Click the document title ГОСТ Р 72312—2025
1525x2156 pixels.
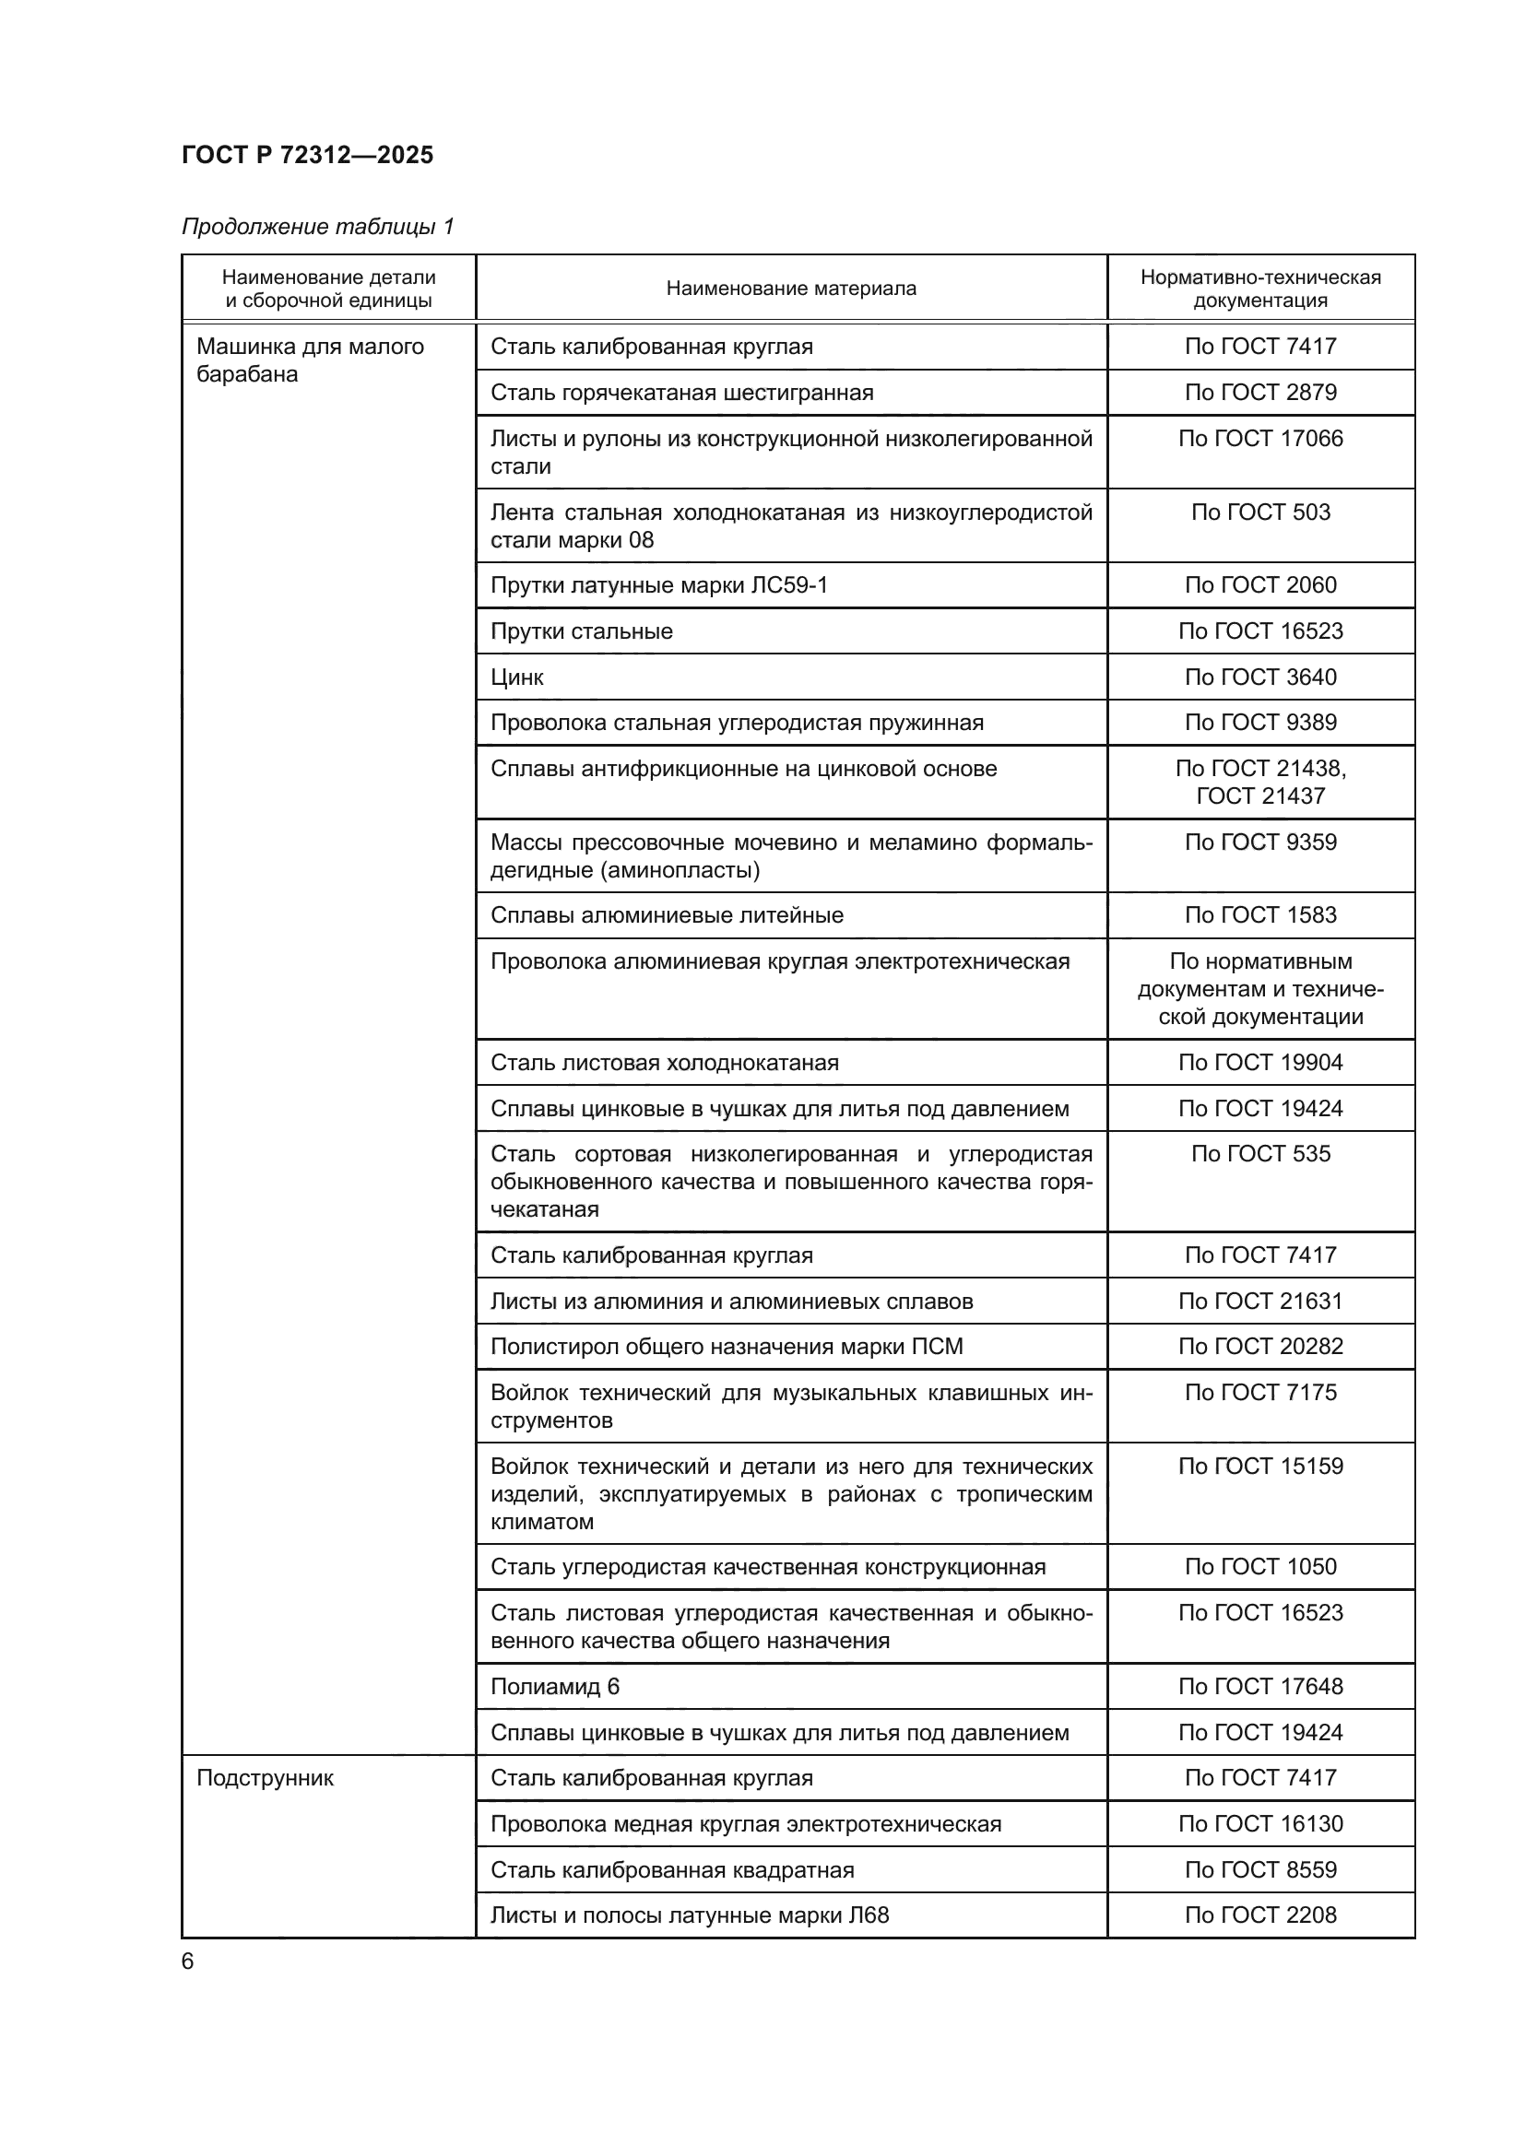tap(307, 155)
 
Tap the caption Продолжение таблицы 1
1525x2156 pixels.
tap(317, 227)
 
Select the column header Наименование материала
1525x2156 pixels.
tap(791, 289)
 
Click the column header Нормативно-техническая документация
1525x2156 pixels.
tap(1260, 289)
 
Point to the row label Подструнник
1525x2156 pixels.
tap(265, 1777)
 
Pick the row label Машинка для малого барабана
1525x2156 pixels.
tap(310, 359)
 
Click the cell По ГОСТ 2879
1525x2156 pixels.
tap(1260, 392)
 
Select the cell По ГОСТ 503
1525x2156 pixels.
tap(1260, 512)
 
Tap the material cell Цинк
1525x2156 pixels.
tap(516, 677)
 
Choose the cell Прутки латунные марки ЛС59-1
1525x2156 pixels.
tap(659, 585)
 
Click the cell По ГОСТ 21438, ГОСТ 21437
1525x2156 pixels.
tap(1260, 782)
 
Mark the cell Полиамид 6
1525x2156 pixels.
tap(555, 1687)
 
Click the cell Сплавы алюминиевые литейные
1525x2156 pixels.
tap(667, 914)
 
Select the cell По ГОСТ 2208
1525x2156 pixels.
tap(1260, 1914)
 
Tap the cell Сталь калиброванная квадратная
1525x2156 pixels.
tap(672, 1869)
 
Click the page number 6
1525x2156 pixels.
tap(188, 1962)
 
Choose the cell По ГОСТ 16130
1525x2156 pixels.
tap(1260, 1823)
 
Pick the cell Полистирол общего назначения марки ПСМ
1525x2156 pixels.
tap(727, 1347)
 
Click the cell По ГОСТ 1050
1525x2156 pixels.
tap(1260, 1566)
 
